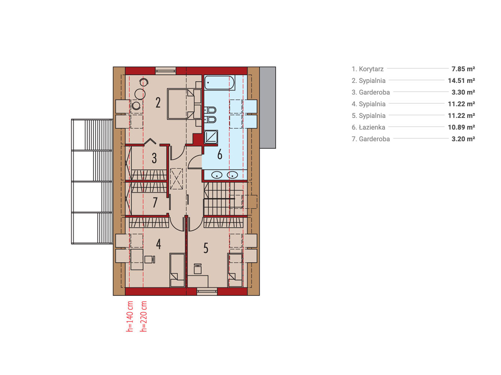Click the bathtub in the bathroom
[219, 82]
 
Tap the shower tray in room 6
[211, 137]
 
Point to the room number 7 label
[155, 202]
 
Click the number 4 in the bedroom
[158, 244]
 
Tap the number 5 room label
[206, 248]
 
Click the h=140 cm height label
[130, 316]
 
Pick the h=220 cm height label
[143, 316]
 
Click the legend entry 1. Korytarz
[367, 69]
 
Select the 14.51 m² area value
[461, 80]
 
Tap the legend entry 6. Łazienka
[368, 127]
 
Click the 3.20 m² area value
[463, 139]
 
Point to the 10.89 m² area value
[461, 127]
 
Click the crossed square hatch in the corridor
[177, 179]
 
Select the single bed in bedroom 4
[177, 270]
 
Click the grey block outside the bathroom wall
[268, 107]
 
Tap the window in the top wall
[166, 70]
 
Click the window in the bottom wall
[207, 291]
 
